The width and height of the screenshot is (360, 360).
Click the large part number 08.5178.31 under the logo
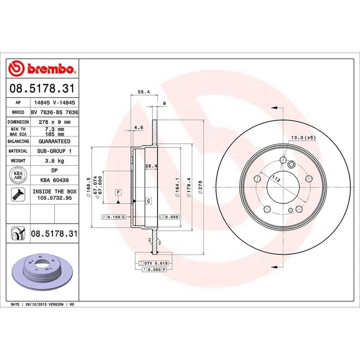pos(43,89)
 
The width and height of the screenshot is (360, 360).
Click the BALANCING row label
pos(18,141)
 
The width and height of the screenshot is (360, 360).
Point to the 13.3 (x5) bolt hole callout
pos(304,138)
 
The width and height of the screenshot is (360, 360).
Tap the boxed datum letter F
pos(118,193)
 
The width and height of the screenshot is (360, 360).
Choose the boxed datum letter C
pos(148,201)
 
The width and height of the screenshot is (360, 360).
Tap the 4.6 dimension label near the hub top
pos(138,127)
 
